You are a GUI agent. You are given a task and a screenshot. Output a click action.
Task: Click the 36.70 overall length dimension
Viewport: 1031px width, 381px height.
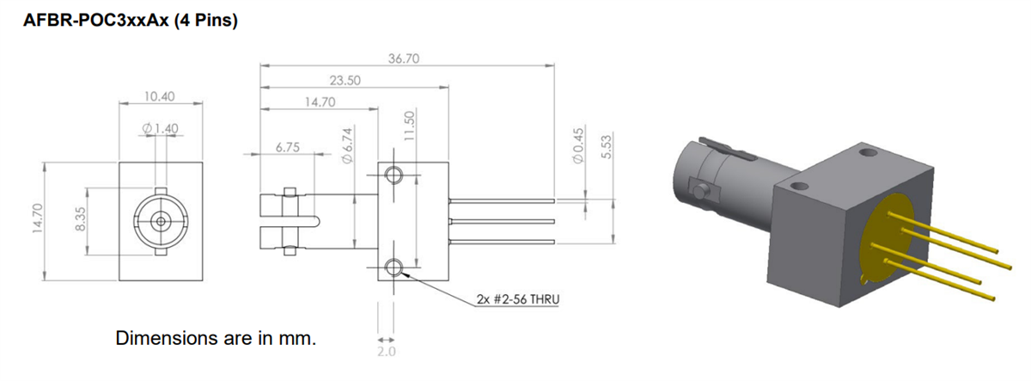coord(402,58)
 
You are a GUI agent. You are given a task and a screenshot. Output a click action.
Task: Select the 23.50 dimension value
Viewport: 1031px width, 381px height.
coord(345,80)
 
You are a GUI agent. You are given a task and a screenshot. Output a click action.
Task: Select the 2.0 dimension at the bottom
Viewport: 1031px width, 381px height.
coord(385,351)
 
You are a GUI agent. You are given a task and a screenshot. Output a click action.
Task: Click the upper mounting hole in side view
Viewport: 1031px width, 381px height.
coord(394,175)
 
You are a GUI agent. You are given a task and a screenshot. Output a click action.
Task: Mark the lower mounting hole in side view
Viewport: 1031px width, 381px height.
coord(394,268)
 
